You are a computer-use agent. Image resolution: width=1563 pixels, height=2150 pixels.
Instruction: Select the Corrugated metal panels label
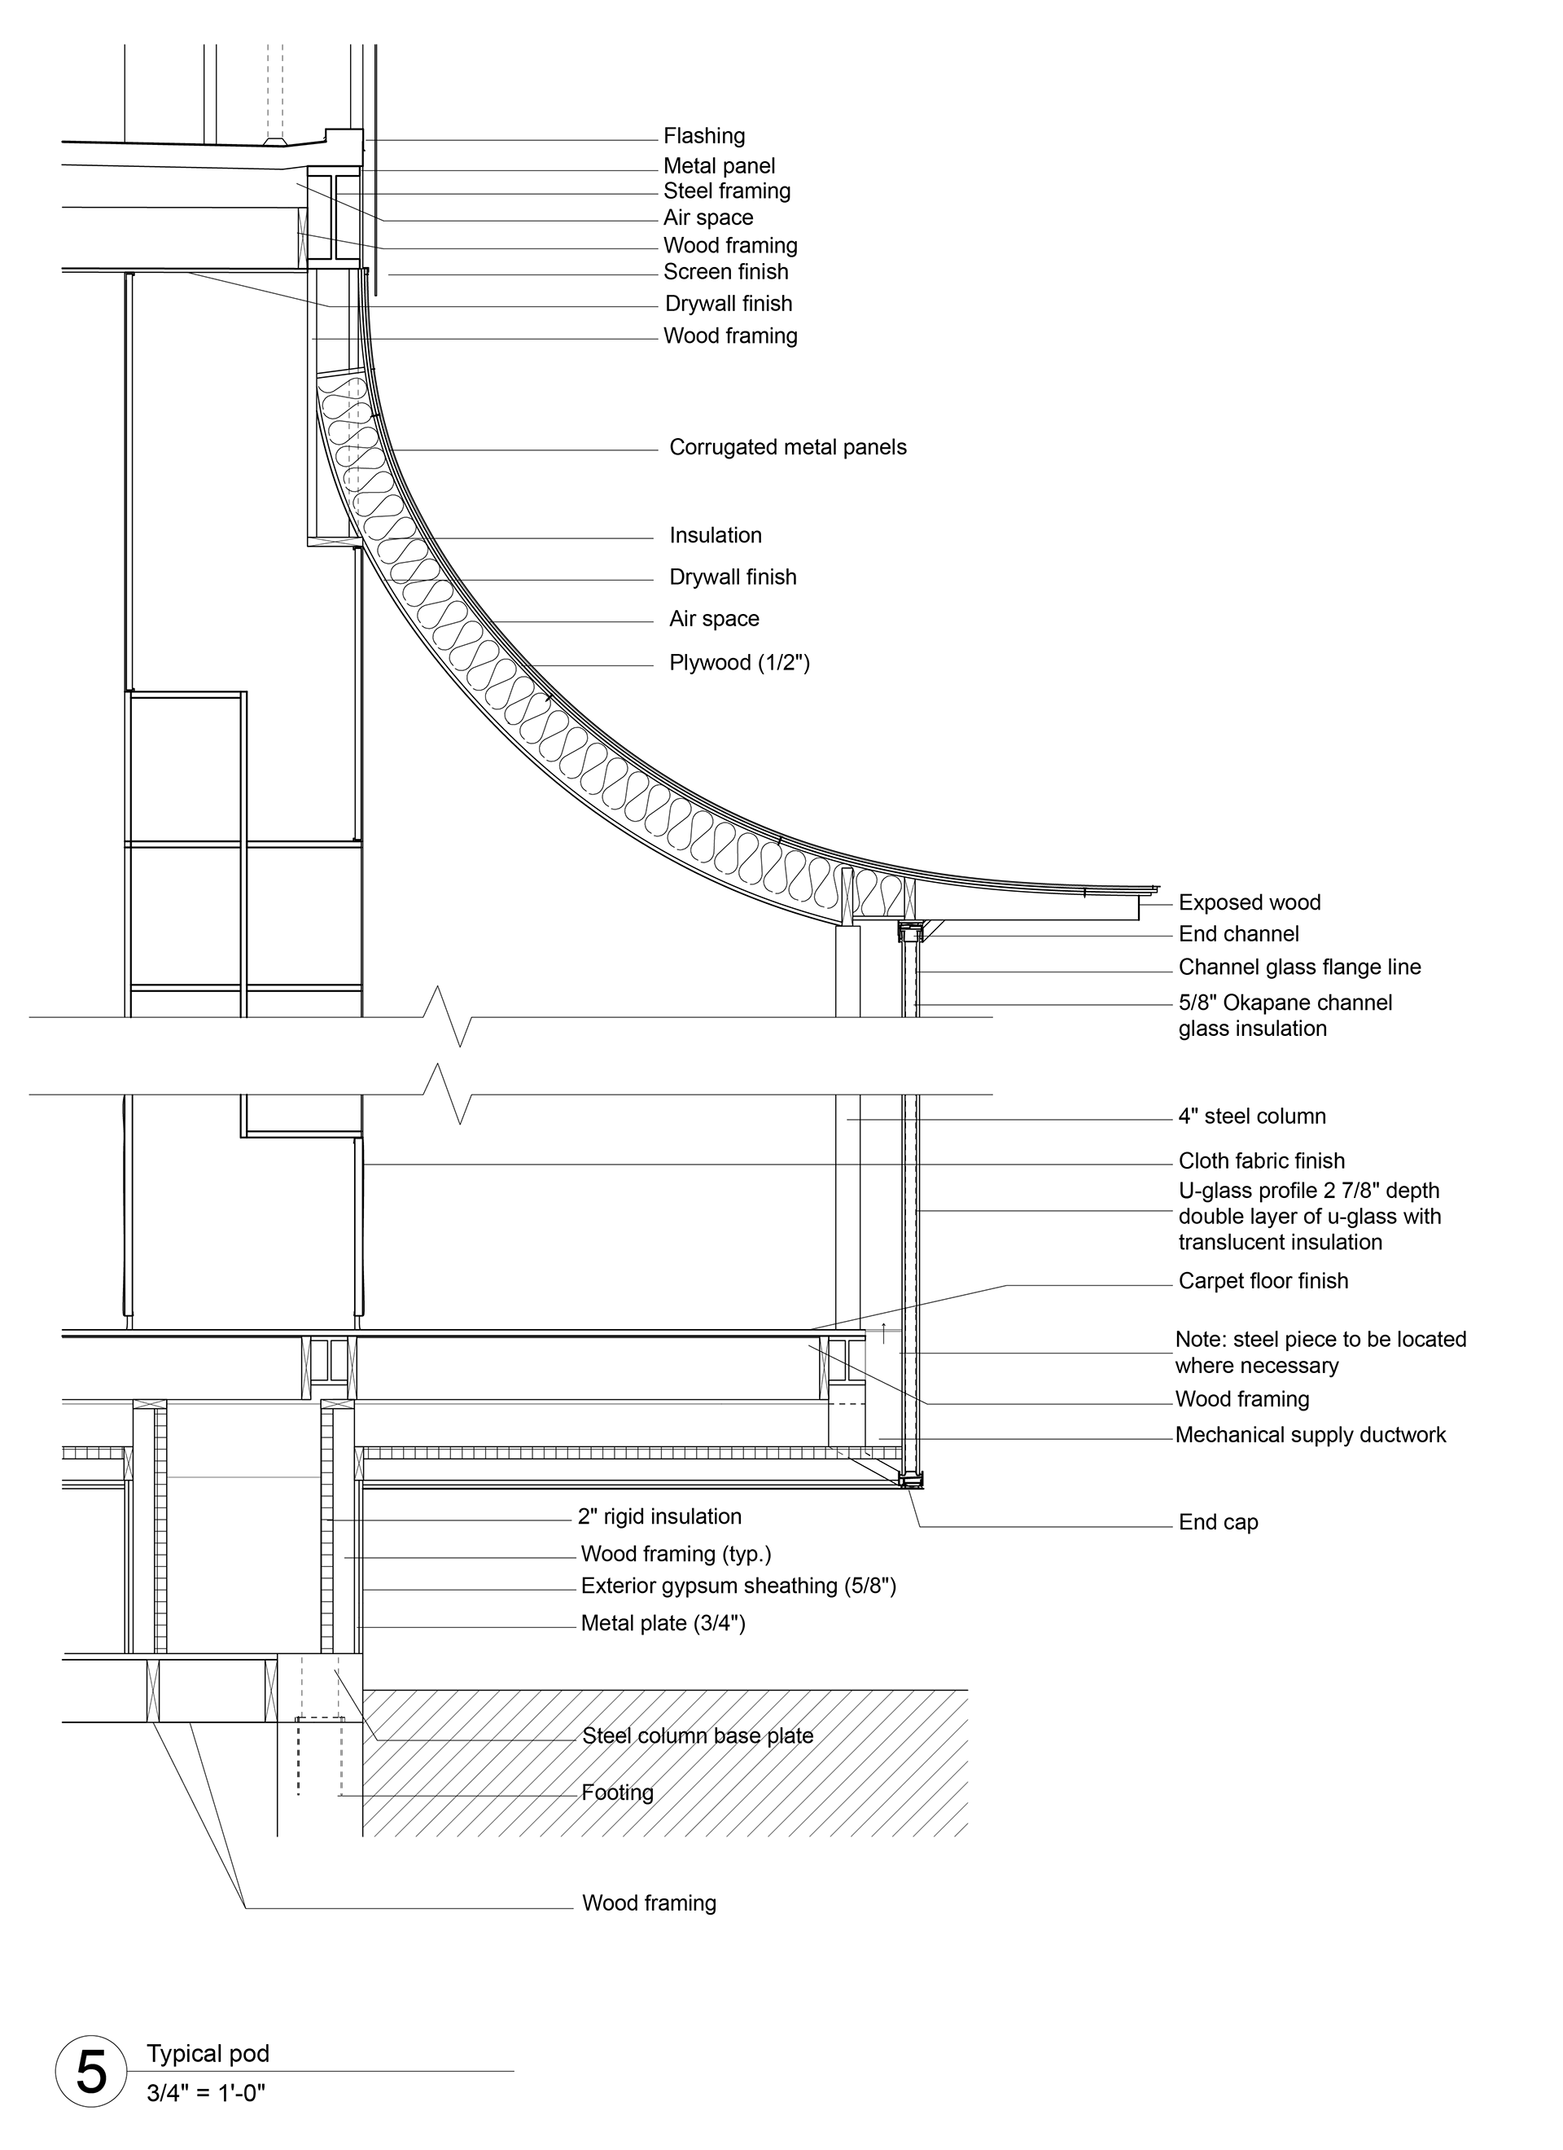click(788, 447)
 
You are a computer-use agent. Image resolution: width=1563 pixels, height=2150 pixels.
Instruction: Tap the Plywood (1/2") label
click(739, 663)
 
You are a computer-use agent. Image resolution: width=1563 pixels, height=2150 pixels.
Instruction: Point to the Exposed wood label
click(1250, 902)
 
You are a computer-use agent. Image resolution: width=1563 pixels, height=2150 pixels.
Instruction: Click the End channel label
click(1239, 934)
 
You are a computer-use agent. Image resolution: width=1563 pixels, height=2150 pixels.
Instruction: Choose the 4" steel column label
click(1252, 1116)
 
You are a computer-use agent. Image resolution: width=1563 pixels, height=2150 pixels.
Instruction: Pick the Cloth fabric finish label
click(1262, 1161)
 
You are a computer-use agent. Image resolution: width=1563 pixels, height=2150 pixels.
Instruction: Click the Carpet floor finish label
click(1263, 1281)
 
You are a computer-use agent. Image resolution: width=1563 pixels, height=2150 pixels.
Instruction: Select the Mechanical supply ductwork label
click(1311, 1434)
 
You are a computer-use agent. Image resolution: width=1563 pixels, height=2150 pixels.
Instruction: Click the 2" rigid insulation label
click(659, 1516)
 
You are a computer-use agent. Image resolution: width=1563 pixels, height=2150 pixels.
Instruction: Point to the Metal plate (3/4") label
click(663, 1623)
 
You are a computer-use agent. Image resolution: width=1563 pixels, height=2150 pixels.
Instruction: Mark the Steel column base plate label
click(698, 1735)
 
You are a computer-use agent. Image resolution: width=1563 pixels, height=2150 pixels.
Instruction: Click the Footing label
click(618, 1792)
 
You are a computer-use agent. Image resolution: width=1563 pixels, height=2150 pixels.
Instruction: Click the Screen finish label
click(726, 272)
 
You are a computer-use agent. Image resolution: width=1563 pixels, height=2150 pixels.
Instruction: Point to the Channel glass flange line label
click(1299, 967)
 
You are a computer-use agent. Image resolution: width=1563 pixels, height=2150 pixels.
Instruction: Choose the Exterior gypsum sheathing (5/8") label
click(738, 1586)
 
